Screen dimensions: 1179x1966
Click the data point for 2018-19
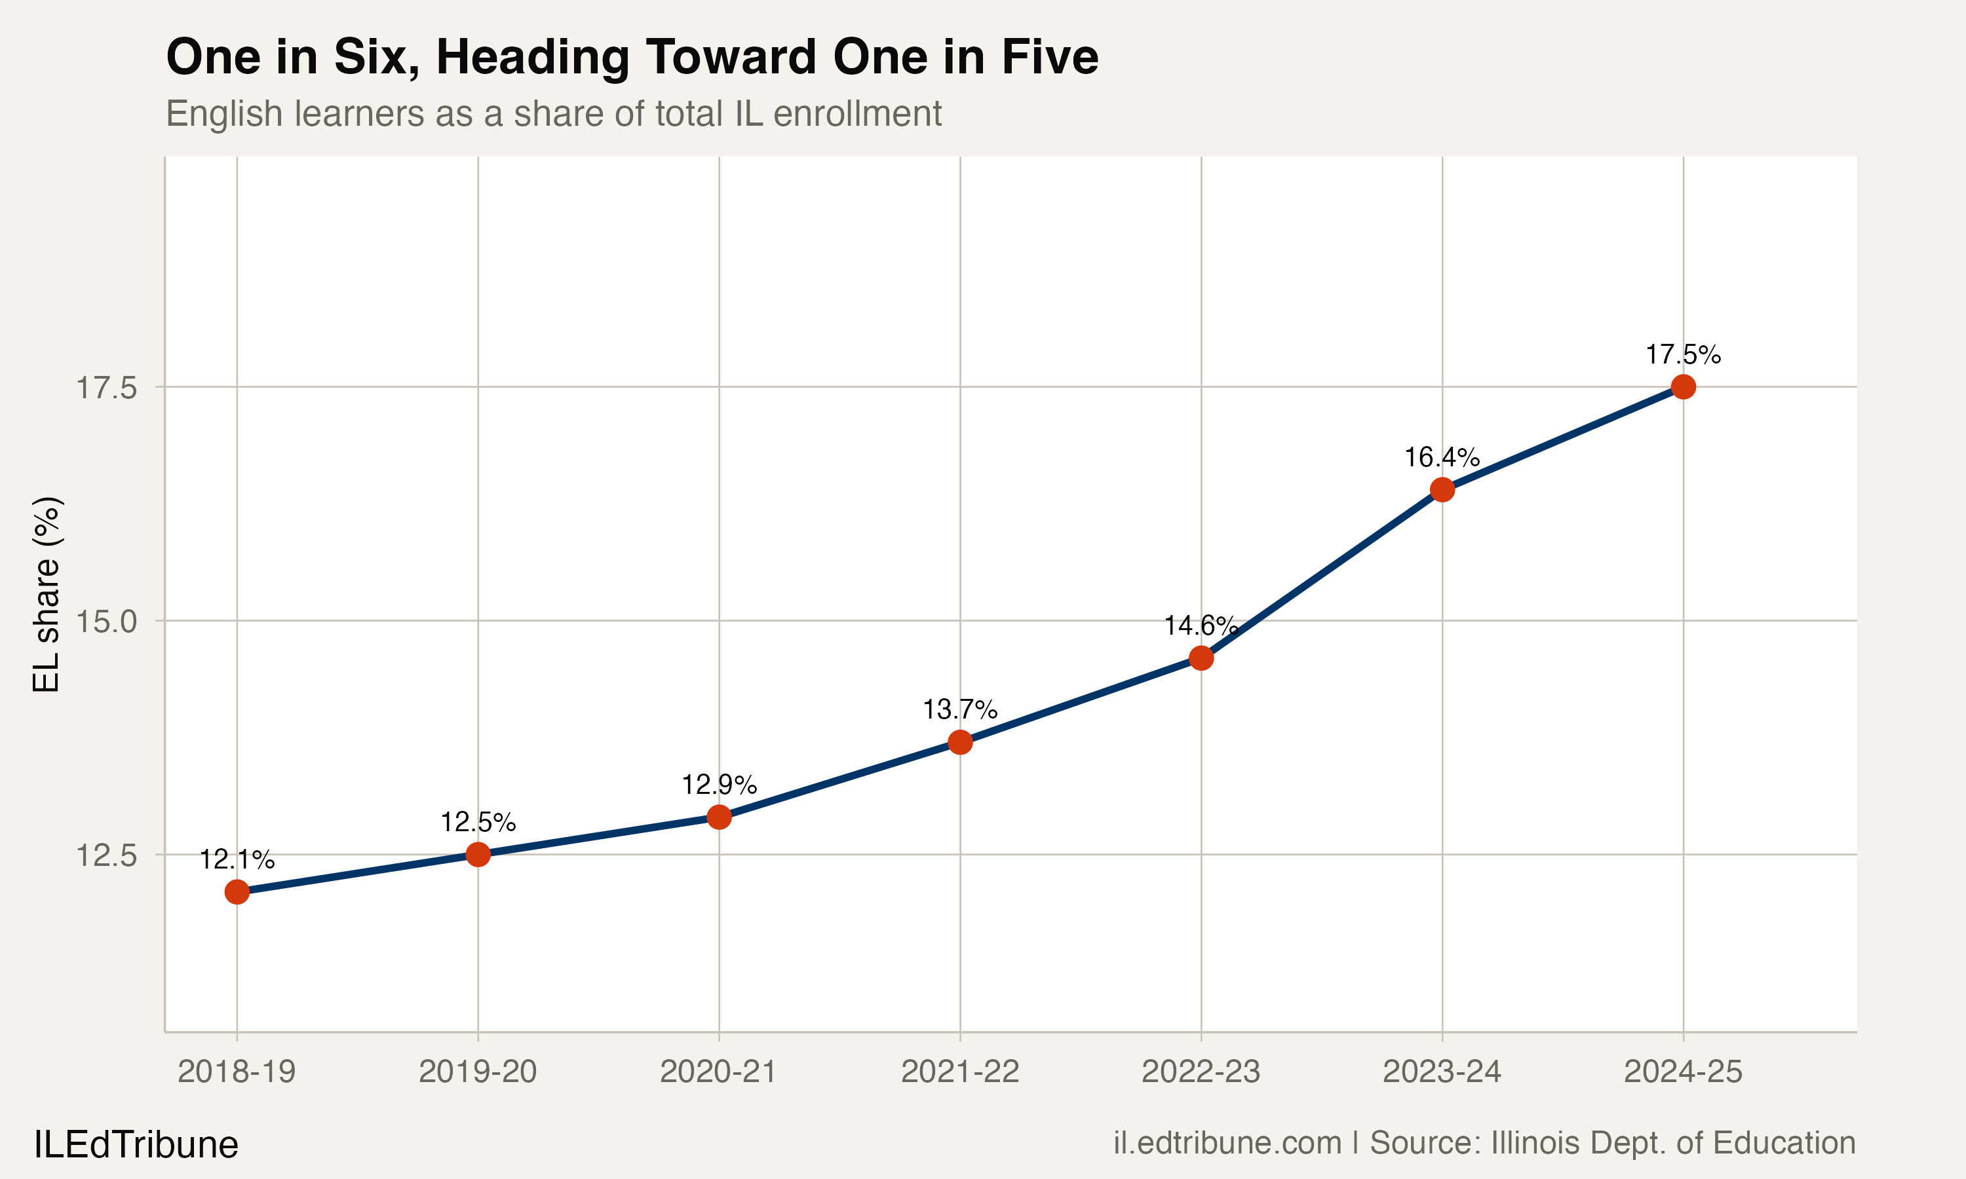pos(237,892)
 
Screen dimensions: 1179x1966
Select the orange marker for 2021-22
pos(960,743)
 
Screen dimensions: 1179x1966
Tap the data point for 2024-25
pos(1683,387)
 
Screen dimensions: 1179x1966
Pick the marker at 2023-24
pos(1442,489)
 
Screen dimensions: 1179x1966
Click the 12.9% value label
pos(719,785)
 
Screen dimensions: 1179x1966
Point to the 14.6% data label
pos(1201,626)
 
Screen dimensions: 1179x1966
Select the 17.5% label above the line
pos(1683,354)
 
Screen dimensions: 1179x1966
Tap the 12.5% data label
pos(478,822)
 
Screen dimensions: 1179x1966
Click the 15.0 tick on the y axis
pos(106,622)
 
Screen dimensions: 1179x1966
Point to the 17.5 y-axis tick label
pos(106,388)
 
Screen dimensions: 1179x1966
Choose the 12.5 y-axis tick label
pos(106,855)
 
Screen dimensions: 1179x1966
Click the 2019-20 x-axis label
pos(478,1072)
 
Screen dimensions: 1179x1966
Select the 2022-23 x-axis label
pos(1201,1072)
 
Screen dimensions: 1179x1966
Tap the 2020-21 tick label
pos(718,1072)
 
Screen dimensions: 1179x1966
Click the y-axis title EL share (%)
pos(46,594)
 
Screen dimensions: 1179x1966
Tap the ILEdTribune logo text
pos(136,1145)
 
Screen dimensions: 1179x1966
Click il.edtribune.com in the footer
pos(1227,1143)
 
